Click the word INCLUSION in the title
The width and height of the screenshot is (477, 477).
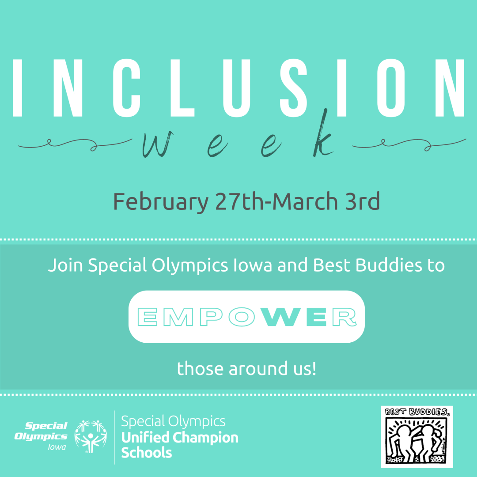tap(238, 88)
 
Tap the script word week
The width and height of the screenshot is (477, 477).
tap(238, 138)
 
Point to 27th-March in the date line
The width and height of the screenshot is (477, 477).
tap(276, 201)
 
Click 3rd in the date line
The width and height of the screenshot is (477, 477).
tap(362, 201)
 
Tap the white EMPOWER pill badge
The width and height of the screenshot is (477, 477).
tap(247, 317)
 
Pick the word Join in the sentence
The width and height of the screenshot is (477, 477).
tap(65, 265)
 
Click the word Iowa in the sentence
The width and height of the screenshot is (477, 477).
tap(253, 265)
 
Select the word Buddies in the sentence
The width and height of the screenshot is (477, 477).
tap(389, 265)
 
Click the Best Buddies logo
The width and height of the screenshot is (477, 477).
tap(417, 436)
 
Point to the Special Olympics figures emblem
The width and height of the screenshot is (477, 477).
tap(91, 436)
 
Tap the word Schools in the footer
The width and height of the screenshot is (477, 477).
tap(147, 453)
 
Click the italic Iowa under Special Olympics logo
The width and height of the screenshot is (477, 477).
tap(57, 447)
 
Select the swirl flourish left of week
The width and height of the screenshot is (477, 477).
tap(75, 144)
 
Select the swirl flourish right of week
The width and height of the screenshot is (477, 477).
tap(409, 144)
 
